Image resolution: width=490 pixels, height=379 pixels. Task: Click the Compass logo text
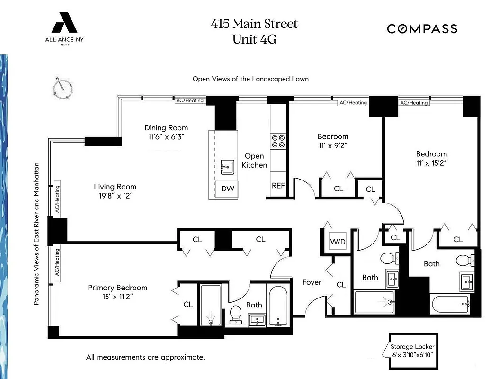pyautogui.click(x=422, y=29)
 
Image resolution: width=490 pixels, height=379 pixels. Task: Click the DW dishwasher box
pyautogui.click(x=228, y=189)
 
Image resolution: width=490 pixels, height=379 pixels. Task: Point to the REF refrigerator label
pyautogui.click(x=278, y=186)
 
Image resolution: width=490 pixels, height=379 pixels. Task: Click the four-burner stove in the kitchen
pyautogui.click(x=278, y=141)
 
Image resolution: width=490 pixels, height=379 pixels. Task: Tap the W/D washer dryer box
pyautogui.click(x=338, y=242)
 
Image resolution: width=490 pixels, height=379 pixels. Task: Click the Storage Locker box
pyautogui.click(x=411, y=350)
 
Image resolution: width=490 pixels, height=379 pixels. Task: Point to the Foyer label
pyautogui.click(x=312, y=282)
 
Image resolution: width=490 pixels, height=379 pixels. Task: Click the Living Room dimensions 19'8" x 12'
pyautogui.click(x=115, y=196)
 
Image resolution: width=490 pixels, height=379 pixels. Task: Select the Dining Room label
pyautogui.click(x=166, y=127)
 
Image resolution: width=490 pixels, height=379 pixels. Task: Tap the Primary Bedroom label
pyautogui.click(x=117, y=288)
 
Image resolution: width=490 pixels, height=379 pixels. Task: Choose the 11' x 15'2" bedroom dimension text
pyautogui.click(x=431, y=162)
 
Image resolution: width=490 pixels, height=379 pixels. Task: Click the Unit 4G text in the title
pyautogui.click(x=254, y=39)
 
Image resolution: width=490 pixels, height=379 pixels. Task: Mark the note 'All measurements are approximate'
pyautogui.click(x=145, y=357)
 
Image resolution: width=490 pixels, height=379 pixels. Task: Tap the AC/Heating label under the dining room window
pyautogui.click(x=189, y=101)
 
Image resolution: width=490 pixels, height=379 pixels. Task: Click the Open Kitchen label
pyautogui.click(x=254, y=161)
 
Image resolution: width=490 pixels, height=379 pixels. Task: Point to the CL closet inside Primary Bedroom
pyautogui.click(x=188, y=304)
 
